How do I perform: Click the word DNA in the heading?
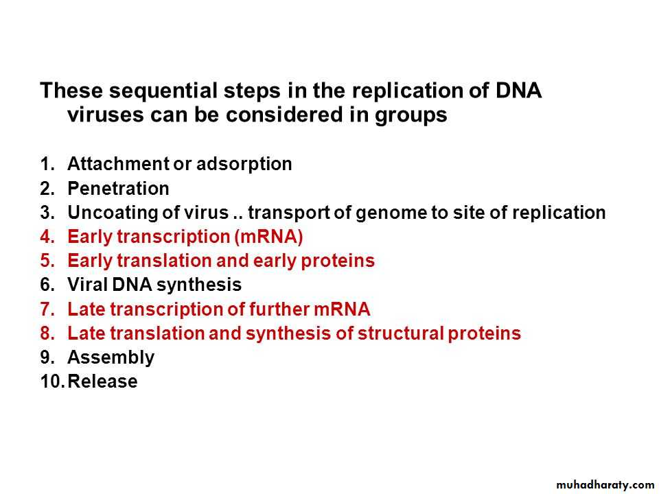tap(518, 91)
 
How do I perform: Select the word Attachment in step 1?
tap(118, 164)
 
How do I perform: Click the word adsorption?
tap(244, 165)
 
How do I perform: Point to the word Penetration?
tap(118, 188)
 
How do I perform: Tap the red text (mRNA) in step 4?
tap(268, 237)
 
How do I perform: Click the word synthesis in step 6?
tap(199, 285)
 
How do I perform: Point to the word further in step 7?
tap(279, 309)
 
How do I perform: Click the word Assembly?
tap(111, 358)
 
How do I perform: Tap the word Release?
tap(102, 381)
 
